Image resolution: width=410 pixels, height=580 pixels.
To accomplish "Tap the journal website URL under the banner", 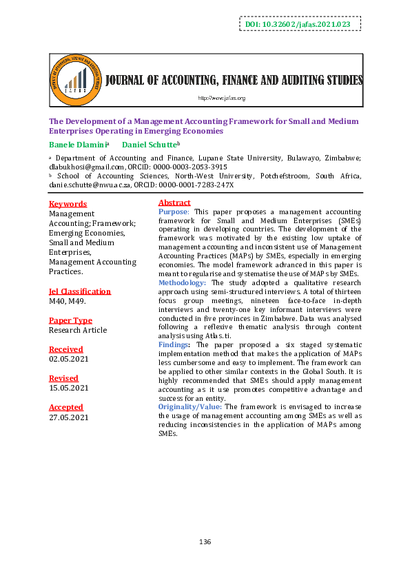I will coord(221,99).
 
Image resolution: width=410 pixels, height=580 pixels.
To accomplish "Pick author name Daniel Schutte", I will coord(149,145).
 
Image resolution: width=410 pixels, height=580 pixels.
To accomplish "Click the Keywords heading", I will coord(68,204).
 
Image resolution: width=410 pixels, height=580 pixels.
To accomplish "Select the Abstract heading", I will coord(174,203).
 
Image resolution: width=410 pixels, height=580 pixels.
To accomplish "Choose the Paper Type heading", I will coord(70,320).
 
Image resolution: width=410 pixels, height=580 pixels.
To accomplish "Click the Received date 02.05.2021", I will coord(68,359).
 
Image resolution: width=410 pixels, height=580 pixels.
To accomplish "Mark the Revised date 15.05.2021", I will coord(68,388).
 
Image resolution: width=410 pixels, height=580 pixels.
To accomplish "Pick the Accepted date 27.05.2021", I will coord(68,417).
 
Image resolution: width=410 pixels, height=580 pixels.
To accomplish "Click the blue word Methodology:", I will coord(182,282).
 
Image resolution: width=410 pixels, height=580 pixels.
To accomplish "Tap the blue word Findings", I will coord(175,343).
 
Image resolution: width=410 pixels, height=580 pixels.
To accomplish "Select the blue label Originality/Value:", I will coord(190,407).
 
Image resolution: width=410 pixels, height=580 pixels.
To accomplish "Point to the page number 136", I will coord(205,543).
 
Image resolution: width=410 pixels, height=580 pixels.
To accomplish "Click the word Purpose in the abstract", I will coord(173,211).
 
